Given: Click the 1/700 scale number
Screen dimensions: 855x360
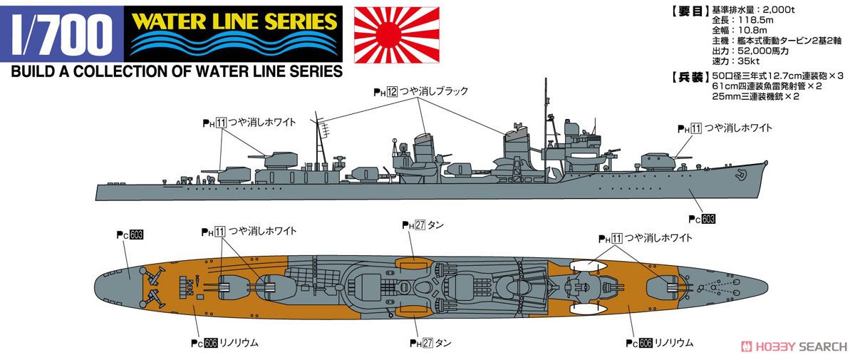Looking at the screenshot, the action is tap(62, 34).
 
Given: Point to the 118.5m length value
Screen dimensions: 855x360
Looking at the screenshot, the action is tap(757, 20).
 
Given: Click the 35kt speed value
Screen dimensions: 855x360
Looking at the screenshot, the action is tap(749, 61).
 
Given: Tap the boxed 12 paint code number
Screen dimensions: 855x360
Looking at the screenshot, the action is tap(392, 92).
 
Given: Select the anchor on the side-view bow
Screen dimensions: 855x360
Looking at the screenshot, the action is tap(741, 174).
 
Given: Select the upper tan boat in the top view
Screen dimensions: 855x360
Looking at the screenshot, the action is tap(413, 264).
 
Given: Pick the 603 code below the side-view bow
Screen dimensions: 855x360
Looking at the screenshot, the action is tap(708, 219).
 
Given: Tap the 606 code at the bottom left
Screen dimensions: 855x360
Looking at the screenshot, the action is tap(211, 343).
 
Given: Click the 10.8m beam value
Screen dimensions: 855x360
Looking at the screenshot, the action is tap(752, 30).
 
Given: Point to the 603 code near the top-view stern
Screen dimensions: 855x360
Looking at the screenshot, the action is tap(136, 235).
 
